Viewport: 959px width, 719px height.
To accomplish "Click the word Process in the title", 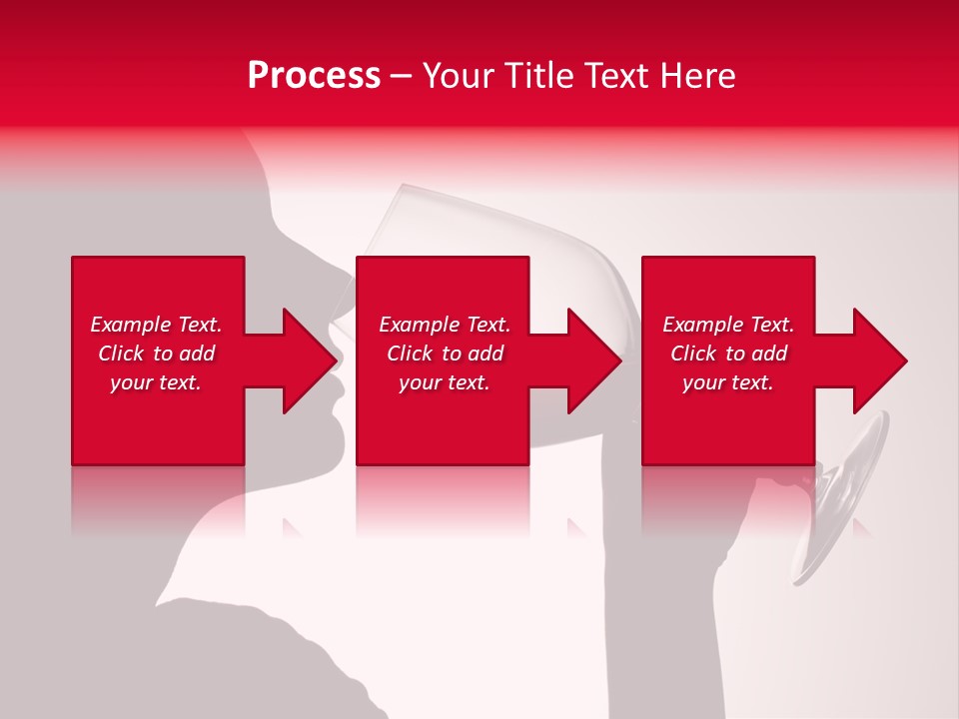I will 314,76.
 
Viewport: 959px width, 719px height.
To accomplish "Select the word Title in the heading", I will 541,76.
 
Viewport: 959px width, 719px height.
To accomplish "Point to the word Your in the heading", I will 459,76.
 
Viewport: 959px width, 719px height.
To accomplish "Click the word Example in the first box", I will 130,325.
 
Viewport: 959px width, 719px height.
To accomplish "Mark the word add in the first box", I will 198,354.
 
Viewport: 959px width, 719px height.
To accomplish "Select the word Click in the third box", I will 692,354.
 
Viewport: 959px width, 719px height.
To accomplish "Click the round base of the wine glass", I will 844,499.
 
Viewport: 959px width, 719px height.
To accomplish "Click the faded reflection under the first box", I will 158,499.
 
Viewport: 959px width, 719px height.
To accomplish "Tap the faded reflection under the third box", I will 727,499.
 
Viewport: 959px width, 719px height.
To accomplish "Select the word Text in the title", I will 617,76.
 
